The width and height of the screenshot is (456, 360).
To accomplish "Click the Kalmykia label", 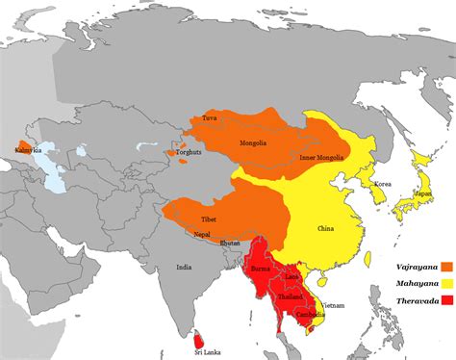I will tap(28, 150).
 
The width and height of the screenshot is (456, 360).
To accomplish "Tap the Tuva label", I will tap(210, 118).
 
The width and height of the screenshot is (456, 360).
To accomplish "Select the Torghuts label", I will tap(190, 152).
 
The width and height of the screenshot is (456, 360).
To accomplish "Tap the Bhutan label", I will tap(230, 244).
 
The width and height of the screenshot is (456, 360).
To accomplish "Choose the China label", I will tap(324, 229).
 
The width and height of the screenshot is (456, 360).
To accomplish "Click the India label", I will tap(183, 267).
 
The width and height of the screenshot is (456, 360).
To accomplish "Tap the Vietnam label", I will tap(332, 305).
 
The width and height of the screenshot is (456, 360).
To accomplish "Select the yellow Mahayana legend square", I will tap(446, 284).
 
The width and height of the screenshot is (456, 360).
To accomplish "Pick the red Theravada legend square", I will tap(446, 301).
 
